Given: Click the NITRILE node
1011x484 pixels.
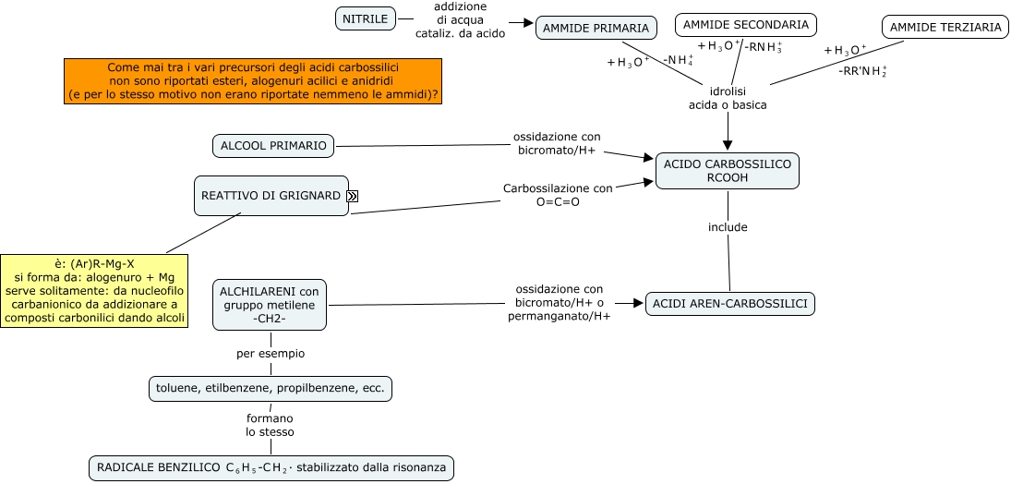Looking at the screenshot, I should tap(366, 18).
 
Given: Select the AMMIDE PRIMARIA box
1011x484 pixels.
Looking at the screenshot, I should tap(596, 28).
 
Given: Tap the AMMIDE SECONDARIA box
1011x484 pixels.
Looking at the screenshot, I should tap(745, 24).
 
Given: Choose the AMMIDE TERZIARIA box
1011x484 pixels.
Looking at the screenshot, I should tap(945, 28).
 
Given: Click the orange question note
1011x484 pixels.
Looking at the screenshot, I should tap(253, 81).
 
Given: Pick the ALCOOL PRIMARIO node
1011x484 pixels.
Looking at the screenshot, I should tap(273, 145).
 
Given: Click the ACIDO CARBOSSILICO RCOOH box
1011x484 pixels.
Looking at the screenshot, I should tap(727, 171).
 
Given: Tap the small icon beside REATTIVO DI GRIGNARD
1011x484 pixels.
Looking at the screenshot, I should tap(353, 196).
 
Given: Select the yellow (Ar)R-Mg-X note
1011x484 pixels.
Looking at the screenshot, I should tap(94, 291).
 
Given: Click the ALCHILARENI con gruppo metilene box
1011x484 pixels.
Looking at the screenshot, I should tap(270, 305).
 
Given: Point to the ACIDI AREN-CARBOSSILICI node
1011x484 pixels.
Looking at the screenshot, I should tap(729, 304).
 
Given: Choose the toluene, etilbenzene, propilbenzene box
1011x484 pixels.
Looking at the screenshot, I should tap(271, 389).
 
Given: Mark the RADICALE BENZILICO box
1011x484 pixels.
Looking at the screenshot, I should tap(271, 468).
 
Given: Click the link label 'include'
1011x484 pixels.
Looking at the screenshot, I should tap(728, 227).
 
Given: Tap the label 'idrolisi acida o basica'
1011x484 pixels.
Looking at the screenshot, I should tap(728, 98).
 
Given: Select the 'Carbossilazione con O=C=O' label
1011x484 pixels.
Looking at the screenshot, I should tap(558, 195).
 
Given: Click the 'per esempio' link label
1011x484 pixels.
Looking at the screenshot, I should tap(271, 354).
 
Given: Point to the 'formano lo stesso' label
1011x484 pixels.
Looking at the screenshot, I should tap(270, 425).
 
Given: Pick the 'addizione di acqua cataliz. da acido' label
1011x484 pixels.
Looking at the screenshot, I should tap(460, 19).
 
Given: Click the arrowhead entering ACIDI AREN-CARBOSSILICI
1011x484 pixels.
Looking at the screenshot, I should tap(638, 303).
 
